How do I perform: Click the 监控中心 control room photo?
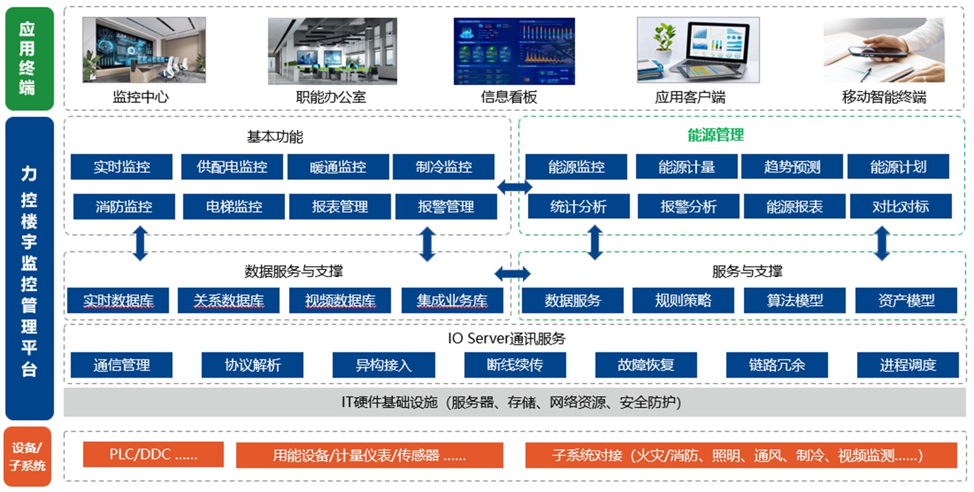[x=144, y=51]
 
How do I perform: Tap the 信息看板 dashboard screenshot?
[x=514, y=51]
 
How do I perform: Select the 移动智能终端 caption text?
[x=884, y=97]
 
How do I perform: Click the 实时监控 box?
[x=121, y=167]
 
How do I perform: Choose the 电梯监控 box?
[x=234, y=207]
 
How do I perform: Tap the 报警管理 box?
[x=445, y=207]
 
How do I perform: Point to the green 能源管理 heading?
[x=716, y=135]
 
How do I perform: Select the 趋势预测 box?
[x=792, y=167]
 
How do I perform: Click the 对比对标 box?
[x=900, y=207]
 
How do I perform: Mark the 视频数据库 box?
[x=340, y=301]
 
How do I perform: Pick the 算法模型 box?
[x=794, y=301]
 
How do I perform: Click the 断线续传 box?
[x=515, y=365]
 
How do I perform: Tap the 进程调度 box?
[x=908, y=365]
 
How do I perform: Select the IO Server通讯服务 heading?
[x=506, y=338]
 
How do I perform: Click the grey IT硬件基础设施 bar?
[x=510, y=402]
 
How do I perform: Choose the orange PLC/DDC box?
[x=153, y=454]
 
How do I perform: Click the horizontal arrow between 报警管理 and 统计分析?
[x=514, y=188]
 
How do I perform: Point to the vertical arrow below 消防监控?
[x=140, y=243]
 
